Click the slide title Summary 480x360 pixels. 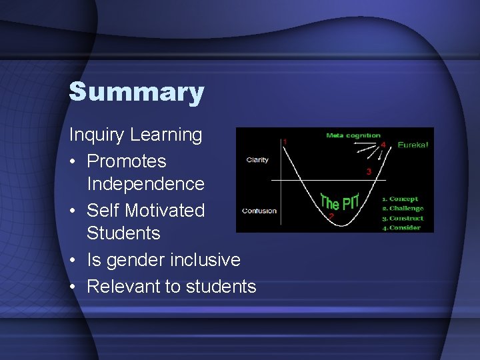pos(136,92)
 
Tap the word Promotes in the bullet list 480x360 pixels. pos(127,161)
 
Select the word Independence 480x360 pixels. pos(145,183)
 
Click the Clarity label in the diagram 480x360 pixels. pos(257,160)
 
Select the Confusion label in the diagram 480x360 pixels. pos(259,211)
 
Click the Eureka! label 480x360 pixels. pos(413,144)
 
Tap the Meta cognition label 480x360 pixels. pos(353,136)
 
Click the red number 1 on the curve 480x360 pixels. pos(286,142)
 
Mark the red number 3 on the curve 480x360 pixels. pos(369,172)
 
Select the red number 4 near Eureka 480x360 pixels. pos(383,144)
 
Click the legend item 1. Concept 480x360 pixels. pos(400,199)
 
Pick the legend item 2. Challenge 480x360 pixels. pos(402,209)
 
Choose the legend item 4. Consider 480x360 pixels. pos(401,228)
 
